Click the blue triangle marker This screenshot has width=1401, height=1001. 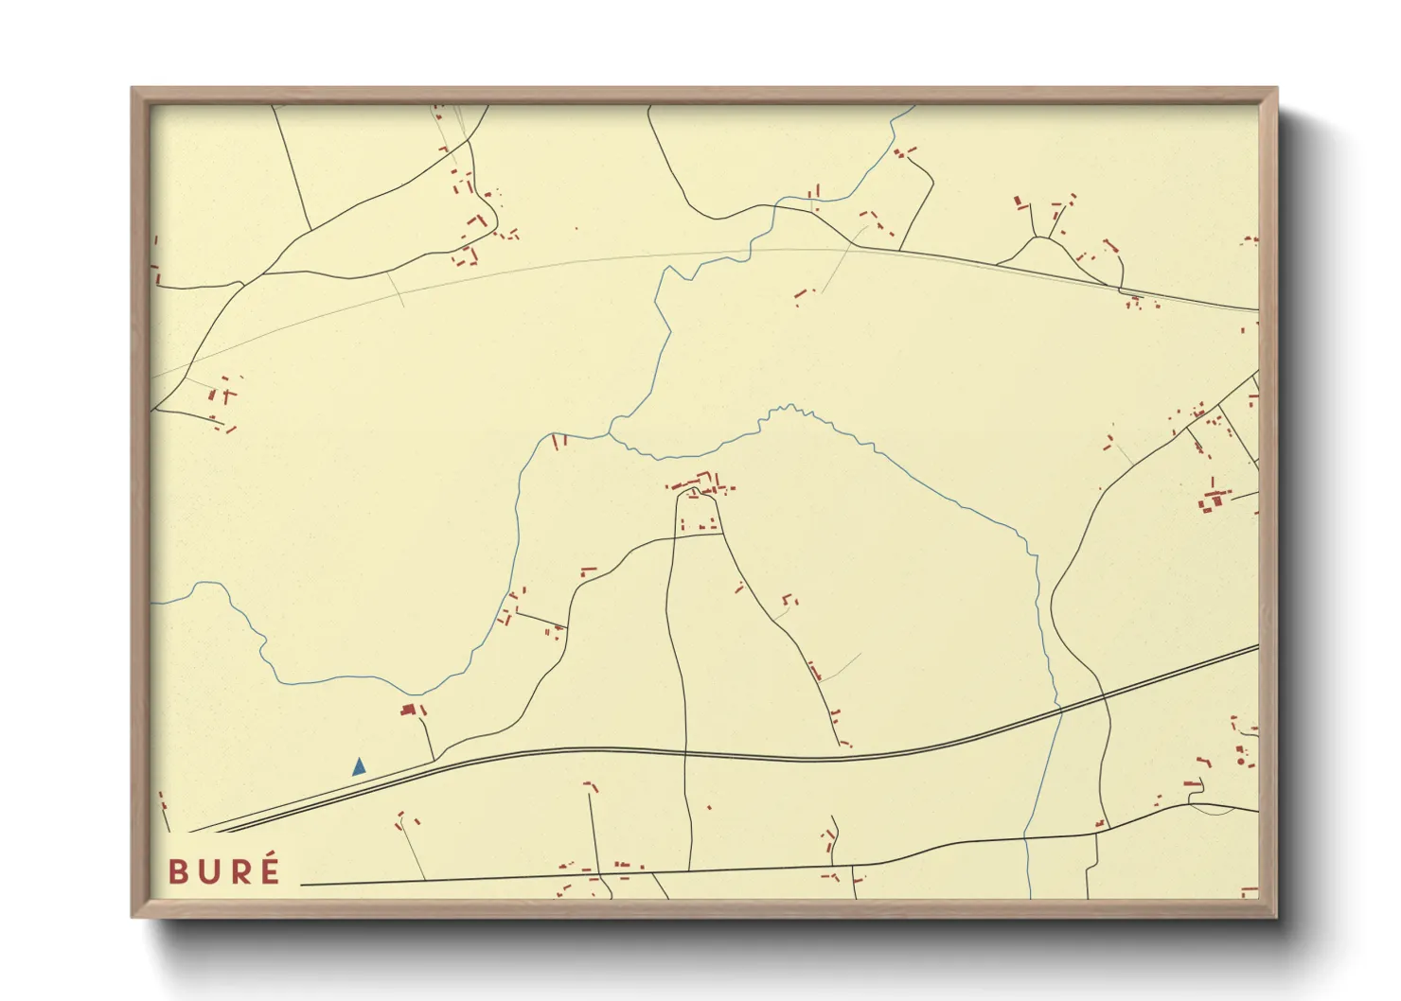(x=359, y=767)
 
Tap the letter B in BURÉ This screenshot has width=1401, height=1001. (x=178, y=872)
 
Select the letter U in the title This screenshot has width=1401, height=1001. (x=209, y=872)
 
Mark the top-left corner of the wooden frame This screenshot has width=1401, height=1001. (x=132, y=88)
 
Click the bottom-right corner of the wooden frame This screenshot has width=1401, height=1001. (x=1277, y=917)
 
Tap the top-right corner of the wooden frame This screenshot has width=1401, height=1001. (x=1277, y=88)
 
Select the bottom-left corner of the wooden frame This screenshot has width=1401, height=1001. (x=132, y=917)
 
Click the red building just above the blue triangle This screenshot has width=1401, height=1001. (x=409, y=709)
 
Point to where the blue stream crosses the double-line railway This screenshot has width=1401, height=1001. (x=1058, y=710)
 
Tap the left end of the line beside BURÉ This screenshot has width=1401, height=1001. (x=301, y=886)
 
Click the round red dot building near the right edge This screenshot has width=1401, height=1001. (x=1240, y=762)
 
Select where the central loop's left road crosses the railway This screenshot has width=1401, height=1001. (x=683, y=753)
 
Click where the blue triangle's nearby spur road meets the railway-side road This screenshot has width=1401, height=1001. (x=434, y=760)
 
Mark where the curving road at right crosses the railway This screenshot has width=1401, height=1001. (x=1104, y=695)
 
